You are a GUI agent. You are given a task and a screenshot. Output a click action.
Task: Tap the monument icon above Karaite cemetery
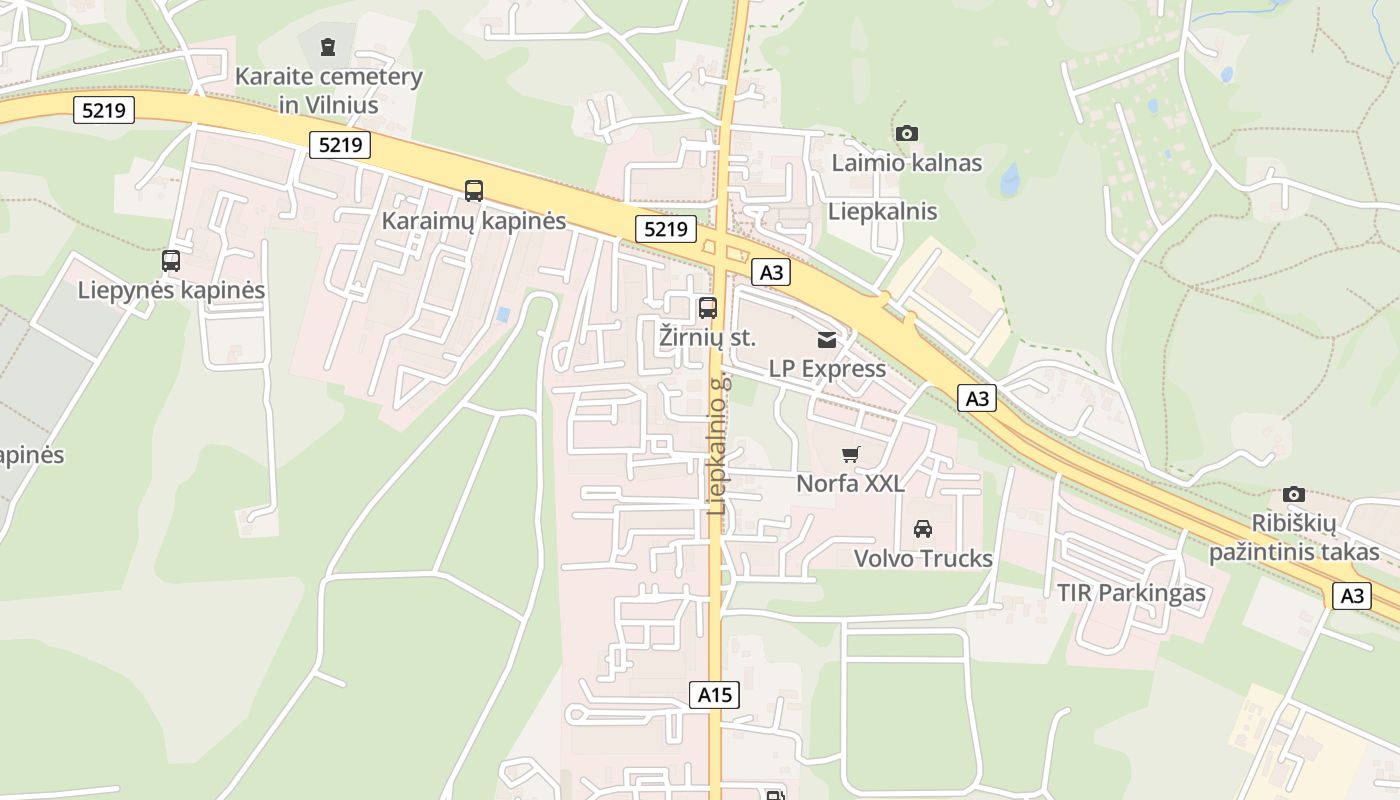click(x=327, y=46)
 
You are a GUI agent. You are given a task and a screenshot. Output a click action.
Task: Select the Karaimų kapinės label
click(x=474, y=221)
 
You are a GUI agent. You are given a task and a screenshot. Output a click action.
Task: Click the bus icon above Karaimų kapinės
click(x=474, y=190)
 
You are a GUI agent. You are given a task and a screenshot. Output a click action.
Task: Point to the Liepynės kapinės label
click(x=171, y=291)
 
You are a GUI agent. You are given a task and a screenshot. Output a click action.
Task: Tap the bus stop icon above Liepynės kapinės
click(x=171, y=261)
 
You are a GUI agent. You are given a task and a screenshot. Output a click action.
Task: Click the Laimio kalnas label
click(x=907, y=163)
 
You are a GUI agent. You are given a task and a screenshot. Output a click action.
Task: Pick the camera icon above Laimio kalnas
click(x=907, y=133)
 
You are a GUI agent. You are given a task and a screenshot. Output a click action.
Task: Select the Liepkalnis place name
click(x=883, y=211)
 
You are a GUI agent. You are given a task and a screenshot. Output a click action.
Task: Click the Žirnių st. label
click(x=708, y=337)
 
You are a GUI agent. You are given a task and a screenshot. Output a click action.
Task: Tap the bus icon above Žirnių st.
click(x=708, y=308)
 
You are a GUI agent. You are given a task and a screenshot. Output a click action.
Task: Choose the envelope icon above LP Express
click(x=827, y=340)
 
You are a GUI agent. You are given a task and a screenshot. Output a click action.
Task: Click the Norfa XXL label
click(x=850, y=484)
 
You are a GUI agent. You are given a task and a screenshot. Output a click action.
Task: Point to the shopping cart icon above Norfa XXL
click(x=850, y=455)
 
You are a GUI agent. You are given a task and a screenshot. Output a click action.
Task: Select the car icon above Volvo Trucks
click(x=923, y=528)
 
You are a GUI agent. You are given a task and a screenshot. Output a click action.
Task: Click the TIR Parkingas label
click(x=1131, y=593)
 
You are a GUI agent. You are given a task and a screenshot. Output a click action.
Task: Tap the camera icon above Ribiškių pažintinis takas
click(x=1294, y=494)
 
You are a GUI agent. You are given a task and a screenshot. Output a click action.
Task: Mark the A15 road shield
click(x=715, y=695)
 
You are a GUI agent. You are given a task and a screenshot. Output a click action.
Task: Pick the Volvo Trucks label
click(x=923, y=558)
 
